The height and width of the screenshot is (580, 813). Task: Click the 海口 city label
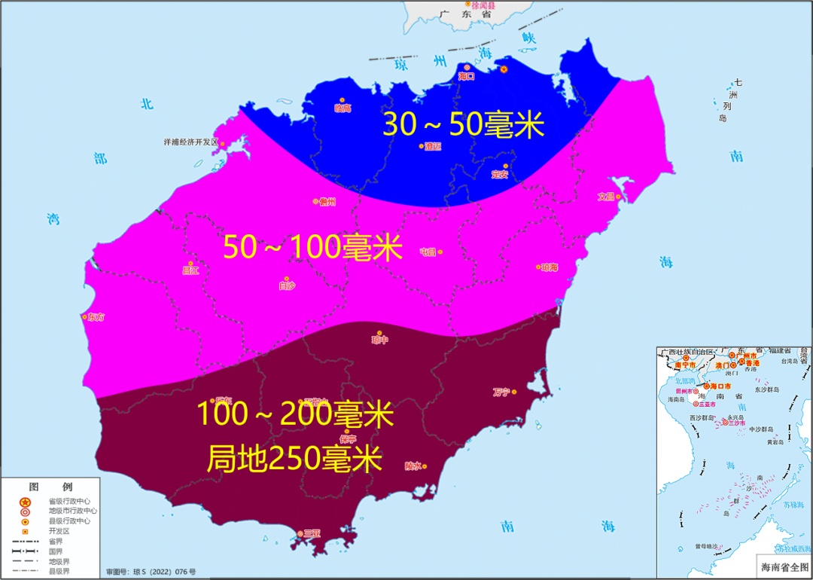click(x=466, y=76)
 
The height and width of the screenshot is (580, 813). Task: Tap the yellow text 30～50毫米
click(x=463, y=124)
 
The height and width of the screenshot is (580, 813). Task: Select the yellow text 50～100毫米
click(x=313, y=248)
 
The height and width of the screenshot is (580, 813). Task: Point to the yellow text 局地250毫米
click(x=294, y=459)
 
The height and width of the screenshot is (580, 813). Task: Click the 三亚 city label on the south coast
click(x=312, y=533)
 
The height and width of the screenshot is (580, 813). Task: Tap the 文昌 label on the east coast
click(x=606, y=197)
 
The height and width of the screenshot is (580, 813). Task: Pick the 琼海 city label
click(x=549, y=267)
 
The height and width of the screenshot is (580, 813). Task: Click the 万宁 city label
click(x=501, y=392)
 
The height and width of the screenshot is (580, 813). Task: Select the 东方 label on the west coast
click(x=96, y=317)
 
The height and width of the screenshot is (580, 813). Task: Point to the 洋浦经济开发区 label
click(x=190, y=142)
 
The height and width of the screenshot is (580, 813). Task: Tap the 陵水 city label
click(x=413, y=466)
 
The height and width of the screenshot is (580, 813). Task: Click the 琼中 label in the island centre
click(x=379, y=340)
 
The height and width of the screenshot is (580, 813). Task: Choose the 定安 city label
click(x=499, y=174)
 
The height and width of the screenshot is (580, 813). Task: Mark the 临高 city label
click(x=343, y=108)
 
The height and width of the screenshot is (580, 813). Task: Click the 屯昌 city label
click(x=428, y=252)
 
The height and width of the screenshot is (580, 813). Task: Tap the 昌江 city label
click(x=190, y=270)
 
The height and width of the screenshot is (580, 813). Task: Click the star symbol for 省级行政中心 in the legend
click(x=25, y=502)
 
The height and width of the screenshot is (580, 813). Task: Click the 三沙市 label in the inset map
click(x=736, y=423)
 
